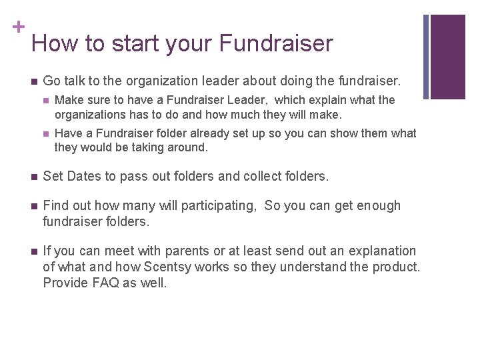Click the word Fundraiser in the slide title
276,43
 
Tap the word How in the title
54,43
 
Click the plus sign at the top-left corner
18,27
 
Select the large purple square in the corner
448,57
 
